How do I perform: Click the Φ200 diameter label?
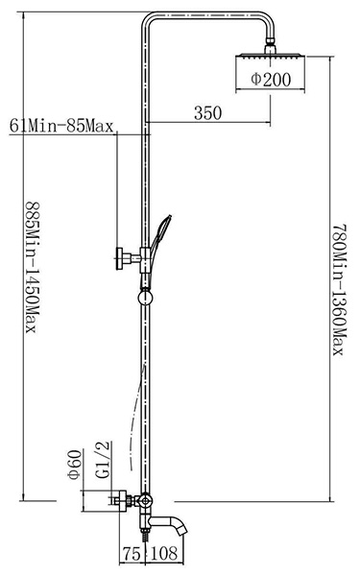click(271, 80)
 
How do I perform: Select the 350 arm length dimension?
click(208, 112)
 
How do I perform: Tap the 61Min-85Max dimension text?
click(61, 126)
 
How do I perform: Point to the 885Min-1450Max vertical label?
click(32, 267)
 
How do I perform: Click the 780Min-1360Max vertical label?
click(339, 290)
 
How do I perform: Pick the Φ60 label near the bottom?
click(75, 465)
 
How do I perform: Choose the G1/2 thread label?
click(103, 459)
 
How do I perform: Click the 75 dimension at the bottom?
click(132, 554)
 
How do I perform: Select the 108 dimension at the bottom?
click(164, 554)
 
